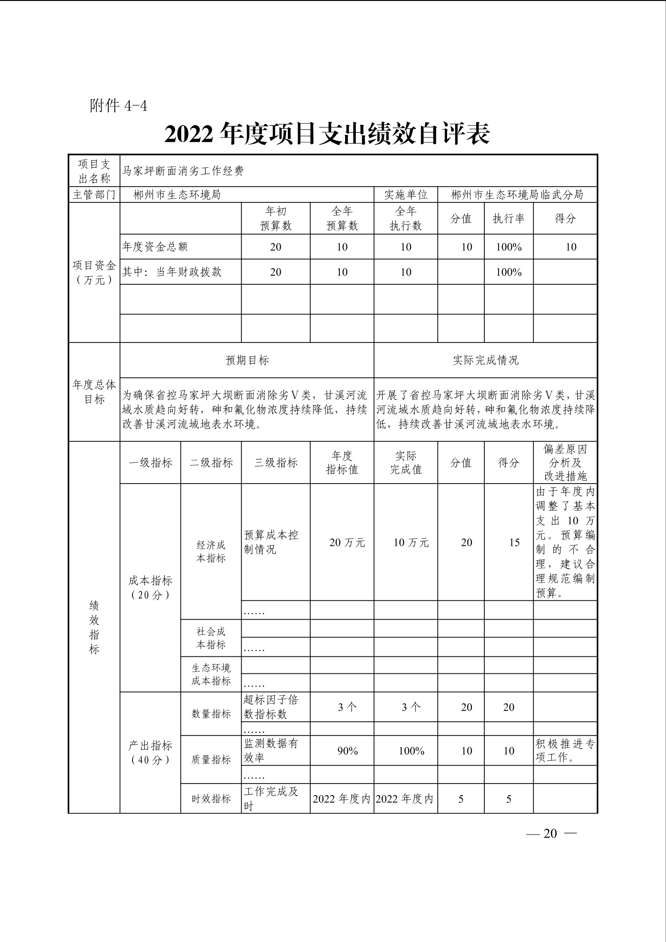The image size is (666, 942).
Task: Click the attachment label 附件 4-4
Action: (x=118, y=106)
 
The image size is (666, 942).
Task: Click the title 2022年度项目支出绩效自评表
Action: (x=327, y=134)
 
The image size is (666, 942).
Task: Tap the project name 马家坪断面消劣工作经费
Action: (x=183, y=171)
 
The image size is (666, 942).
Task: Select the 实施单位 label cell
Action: (x=406, y=195)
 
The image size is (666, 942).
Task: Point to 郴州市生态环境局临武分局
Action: (x=517, y=195)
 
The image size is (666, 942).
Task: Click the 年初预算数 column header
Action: (x=276, y=218)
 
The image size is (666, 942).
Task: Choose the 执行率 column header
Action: (x=508, y=218)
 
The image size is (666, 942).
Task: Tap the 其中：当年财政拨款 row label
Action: (x=172, y=272)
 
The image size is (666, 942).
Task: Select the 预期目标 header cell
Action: (x=247, y=360)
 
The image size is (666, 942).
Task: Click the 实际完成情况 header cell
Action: (x=486, y=360)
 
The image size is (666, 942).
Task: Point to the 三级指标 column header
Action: (x=276, y=463)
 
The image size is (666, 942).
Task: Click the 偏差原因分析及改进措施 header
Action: (x=565, y=463)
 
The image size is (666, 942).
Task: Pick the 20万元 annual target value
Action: (x=347, y=543)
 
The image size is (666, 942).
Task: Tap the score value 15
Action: (x=514, y=543)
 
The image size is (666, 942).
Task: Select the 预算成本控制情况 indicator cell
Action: (x=271, y=542)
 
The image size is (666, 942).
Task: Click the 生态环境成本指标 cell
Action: (x=211, y=675)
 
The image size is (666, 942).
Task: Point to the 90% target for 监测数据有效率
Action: (x=347, y=751)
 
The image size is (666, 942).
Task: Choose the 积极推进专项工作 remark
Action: (x=565, y=751)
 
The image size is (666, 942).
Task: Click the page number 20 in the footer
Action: (x=550, y=833)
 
